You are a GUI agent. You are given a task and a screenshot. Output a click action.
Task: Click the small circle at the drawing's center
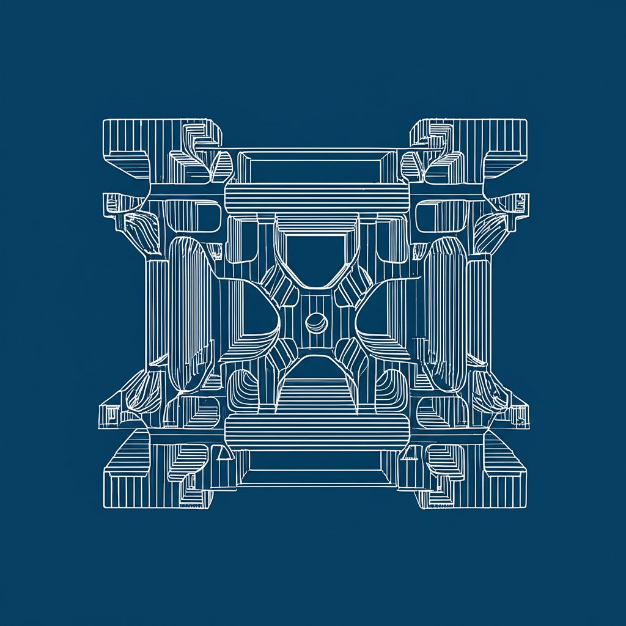click(x=316, y=321)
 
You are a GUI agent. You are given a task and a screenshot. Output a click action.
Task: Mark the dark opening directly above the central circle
click(x=316, y=257)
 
